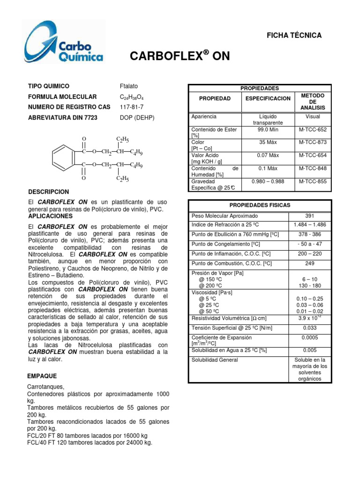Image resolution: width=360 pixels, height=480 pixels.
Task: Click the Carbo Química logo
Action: [x=65, y=44]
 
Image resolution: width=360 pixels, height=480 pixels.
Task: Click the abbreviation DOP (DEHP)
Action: [x=137, y=118]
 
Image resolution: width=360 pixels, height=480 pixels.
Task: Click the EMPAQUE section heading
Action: [x=42, y=376]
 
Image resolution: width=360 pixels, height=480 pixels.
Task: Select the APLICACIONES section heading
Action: [x=51, y=217]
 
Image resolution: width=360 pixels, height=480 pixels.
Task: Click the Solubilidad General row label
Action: [x=215, y=360]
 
